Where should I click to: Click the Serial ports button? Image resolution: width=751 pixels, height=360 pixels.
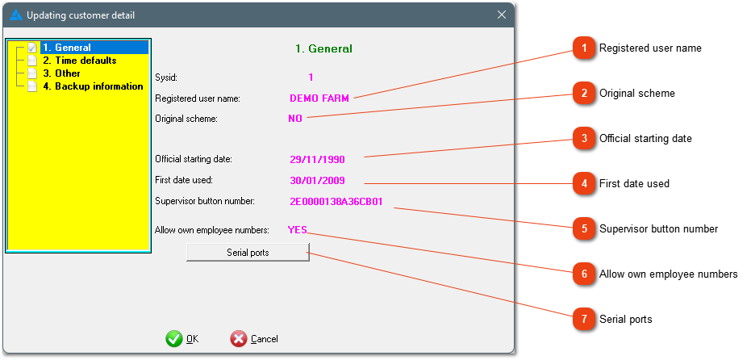click(x=248, y=253)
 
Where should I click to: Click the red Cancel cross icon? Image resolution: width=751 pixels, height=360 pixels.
click(x=239, y=339)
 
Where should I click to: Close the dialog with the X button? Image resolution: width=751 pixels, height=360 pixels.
click(x=502, y=15)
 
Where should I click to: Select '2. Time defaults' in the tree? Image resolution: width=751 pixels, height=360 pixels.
click(x=80, y=61)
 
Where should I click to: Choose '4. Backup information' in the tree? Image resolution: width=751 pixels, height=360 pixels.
click(x=93, y=86)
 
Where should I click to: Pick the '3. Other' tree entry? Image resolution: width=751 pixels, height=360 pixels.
click(x=61, y=73)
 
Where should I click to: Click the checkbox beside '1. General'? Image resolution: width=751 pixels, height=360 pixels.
click(x=32, y=48)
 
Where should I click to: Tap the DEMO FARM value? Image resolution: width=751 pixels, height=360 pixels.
click(x=319, y=98)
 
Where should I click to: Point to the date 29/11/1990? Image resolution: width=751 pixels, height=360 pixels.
click(x=317, y=160)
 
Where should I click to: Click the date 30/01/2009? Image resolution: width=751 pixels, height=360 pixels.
click(x=317, y=181)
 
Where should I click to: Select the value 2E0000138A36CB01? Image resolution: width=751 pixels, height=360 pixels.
click(x=336, y=201)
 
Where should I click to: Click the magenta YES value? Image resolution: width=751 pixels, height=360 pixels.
click(x=298, y=229)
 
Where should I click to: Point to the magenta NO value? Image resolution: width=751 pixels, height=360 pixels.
click(x=295, y=119)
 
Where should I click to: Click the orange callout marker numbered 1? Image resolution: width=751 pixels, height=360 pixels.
click(x=584, y=48)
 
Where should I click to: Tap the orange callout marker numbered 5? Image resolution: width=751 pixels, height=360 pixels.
click(x=584, y=228)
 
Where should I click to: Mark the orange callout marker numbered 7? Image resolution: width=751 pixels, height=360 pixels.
click(x=584, y=319)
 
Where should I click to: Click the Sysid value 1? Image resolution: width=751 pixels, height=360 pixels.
click(x=311, y=77)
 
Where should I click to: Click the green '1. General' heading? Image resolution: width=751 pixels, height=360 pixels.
click(x=323, y=48)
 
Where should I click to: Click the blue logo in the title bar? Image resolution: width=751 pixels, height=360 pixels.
click(x=16, y=15)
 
